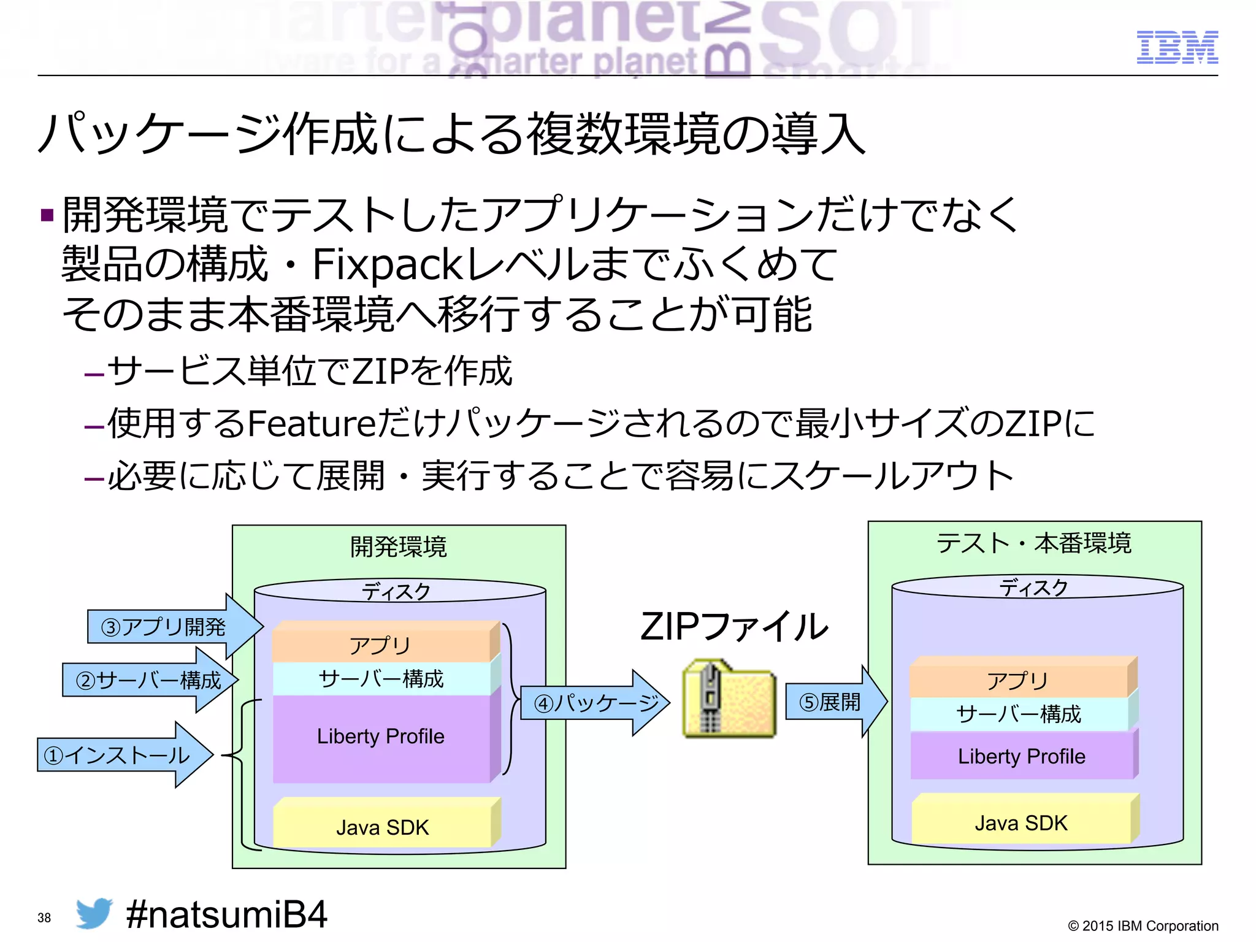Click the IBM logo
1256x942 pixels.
point(1177,47)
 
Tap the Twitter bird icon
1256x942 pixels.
point(94,913)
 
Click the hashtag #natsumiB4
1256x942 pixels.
point(226,914)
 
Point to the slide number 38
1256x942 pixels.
point(44,917)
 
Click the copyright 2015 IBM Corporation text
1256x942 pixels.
point(1143,925)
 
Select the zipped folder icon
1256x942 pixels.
point(729,699)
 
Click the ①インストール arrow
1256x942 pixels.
point(123,755)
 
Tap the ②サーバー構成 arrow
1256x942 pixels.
point(147,680)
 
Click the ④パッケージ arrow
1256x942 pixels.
point(594,702)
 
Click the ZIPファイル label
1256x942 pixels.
point(734,627)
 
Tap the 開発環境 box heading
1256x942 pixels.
point(399,546)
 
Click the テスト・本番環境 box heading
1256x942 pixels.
point(1034,543)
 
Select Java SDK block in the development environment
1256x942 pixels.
point(382,827)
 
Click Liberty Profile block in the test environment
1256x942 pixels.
point(1021,756)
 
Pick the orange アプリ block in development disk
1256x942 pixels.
point(380,645)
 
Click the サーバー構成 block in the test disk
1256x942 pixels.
point(1019,714)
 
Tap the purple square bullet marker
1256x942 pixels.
point(47,216)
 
